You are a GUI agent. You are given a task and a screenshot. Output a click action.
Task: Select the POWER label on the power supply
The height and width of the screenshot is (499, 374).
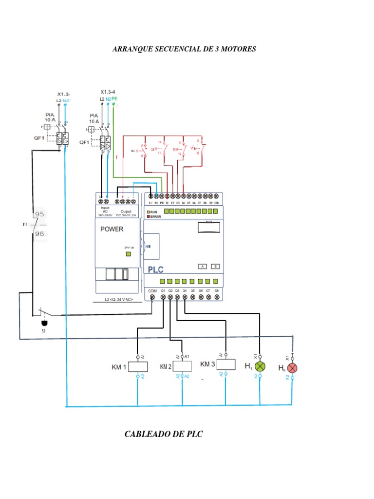[112, 229]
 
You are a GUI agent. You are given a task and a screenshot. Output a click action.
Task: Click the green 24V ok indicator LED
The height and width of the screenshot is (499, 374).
[129, 254]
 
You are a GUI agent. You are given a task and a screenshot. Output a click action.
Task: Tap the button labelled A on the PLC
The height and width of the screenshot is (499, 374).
[202, 267]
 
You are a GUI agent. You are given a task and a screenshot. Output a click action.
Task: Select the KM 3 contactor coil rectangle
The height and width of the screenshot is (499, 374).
[224, 365]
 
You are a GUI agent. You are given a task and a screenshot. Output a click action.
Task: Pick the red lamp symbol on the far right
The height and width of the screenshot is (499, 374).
[292, 367]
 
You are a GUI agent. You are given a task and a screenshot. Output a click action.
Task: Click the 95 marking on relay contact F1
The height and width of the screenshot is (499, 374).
[39, 214]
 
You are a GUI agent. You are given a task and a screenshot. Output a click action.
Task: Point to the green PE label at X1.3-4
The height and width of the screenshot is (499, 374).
[114, 98]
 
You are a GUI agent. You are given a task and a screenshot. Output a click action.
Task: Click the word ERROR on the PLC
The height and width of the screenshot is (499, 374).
[156, 216]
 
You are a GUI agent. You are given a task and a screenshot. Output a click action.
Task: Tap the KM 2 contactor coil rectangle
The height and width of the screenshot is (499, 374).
[183, 366]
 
